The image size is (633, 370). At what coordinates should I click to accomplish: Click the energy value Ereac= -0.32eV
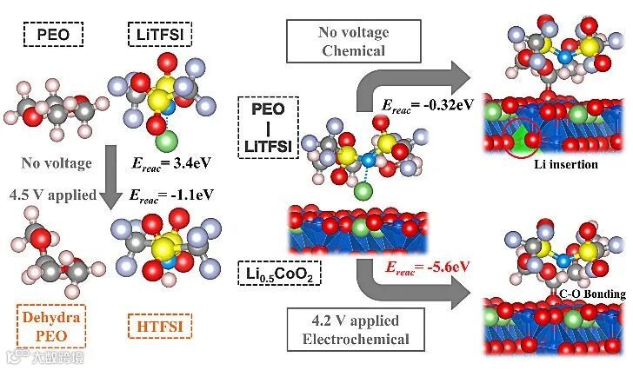click(428, 104)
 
